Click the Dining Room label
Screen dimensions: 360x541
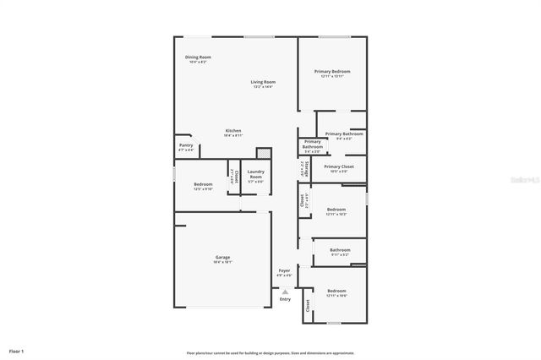coord(199,57)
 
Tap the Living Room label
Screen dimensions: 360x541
coord(264,82)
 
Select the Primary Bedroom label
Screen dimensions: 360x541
coord(332,72)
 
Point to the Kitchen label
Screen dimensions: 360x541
coord(233,131)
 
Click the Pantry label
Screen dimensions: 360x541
coord(186,145)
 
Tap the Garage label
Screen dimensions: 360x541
coord(222,257)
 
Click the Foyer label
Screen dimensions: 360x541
coord(284,270)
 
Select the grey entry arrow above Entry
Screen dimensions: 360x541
coord(285,291)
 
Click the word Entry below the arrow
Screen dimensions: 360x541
coord(285,299)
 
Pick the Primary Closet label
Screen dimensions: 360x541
coord(338,166)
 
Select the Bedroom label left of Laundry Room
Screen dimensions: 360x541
coord(203,184)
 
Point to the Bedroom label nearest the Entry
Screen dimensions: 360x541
coord(336,291)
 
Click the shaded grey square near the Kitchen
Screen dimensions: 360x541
coord(264,153)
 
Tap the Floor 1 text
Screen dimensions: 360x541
coord(17,350)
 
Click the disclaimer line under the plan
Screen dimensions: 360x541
coord(270,352)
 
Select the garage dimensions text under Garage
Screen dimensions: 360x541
coord(222,262)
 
